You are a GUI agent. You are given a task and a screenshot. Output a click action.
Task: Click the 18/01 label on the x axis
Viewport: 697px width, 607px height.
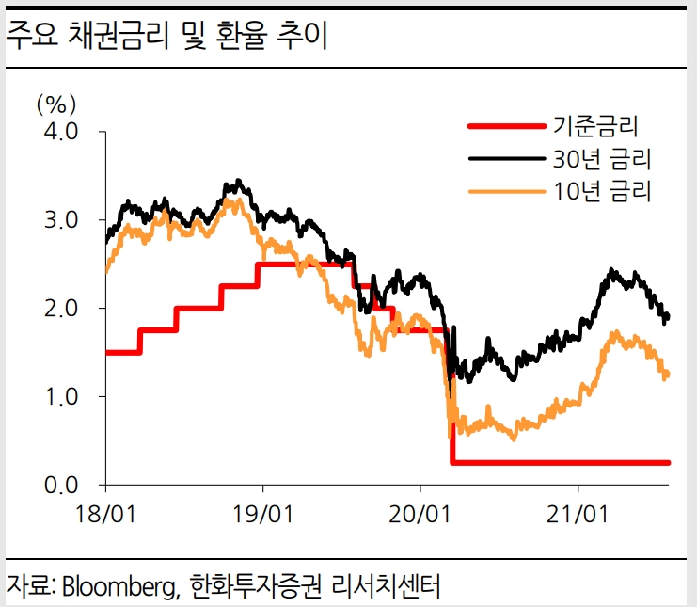(x=105, y=515)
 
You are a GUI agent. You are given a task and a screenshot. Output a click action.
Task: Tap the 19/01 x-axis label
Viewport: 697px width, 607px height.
(x=262, y=515)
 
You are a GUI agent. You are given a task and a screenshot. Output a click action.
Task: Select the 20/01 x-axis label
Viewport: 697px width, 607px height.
(x=420, y=515)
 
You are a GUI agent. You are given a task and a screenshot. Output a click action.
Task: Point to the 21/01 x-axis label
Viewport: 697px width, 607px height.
(x=577, y=515)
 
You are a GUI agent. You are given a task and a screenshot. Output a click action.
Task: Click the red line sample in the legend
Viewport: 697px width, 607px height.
(x=506, y=125)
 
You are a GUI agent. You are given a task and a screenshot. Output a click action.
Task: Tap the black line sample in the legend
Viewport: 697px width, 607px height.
(x=506, y=158)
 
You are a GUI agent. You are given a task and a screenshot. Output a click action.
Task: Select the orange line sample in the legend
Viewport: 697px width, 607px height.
(x=506, y=191)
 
